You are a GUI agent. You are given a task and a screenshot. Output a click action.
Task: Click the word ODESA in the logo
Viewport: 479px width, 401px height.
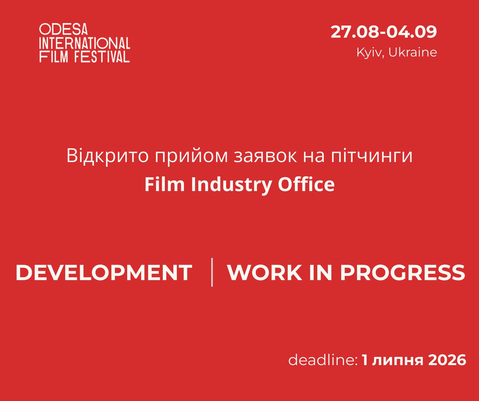click(63, 29)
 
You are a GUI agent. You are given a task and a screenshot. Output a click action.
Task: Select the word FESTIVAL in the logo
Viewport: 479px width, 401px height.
click(102, 56)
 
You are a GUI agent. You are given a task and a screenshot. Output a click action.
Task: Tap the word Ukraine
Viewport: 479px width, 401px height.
click(413, 52)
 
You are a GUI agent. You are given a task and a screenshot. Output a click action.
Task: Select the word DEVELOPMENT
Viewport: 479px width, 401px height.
click(104, 273)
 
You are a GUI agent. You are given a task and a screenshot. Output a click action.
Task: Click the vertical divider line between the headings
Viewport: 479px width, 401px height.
click(212, 272)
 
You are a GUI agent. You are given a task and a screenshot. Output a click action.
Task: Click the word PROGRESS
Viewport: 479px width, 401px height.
click(403, 273)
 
